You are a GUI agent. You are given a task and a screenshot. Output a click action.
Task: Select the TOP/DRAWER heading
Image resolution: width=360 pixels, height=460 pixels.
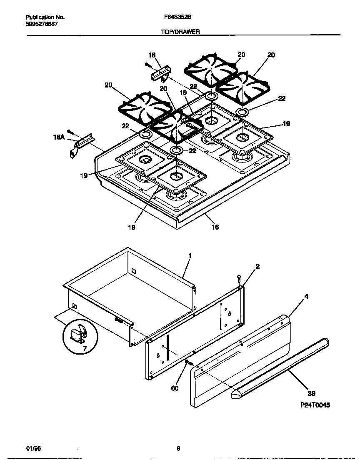pyautogui.click(x=180, y=31)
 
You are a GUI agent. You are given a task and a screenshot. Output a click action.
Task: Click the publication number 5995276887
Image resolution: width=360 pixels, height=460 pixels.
pyautogui.click(x=42, y=24)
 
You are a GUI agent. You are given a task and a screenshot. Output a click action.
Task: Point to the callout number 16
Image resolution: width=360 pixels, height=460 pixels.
pyautogui.click(x=215, y=227)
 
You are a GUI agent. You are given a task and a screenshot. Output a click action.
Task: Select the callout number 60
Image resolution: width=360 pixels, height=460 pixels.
pyautogui.click(x=175, y=388)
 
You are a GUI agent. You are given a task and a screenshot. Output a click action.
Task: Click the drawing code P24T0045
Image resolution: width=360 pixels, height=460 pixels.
pyautogui.click(x=314, y=405)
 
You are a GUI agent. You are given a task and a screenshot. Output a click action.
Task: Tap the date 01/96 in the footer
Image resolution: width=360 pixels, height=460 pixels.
pyautogui.click(x=33, y=448)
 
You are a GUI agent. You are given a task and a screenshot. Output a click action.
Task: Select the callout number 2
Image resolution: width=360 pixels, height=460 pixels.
pyautogui.click(x=257, y=266)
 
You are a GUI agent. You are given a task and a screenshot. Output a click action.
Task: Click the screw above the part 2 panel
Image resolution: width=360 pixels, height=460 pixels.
pyautogui.click(x=239, y=278)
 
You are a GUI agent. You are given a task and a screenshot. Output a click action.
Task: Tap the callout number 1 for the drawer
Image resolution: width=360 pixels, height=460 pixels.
pyautogui.click(x=189, y=255)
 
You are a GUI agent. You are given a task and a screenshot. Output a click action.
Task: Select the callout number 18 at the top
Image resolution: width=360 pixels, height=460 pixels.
pyautogui.click(x=152, y=55)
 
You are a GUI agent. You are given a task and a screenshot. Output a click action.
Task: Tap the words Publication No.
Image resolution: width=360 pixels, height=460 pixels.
pyautogui.click(x=45, y=18)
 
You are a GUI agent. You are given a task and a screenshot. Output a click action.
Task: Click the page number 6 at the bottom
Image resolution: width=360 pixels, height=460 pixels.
pyautogui.click(x=178, y=449)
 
